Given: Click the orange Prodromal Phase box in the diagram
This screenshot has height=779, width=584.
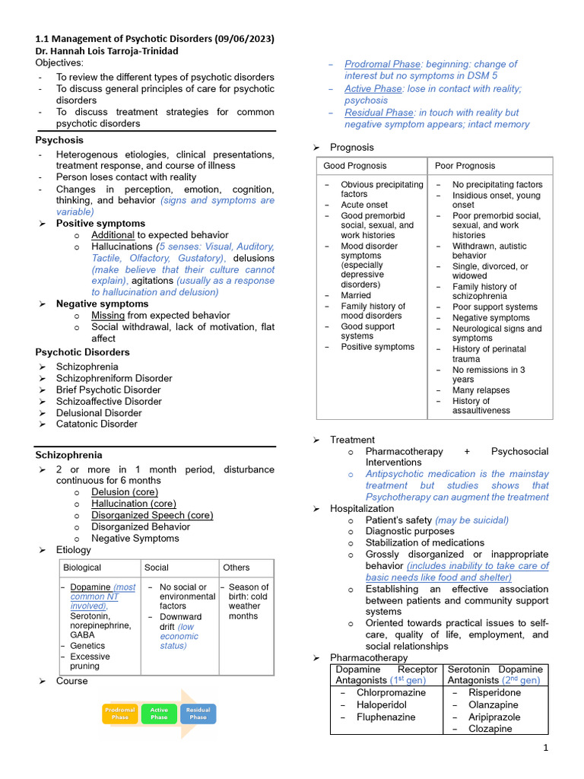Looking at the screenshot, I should (119, 714).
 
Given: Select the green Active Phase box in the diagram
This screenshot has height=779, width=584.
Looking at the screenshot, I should (159, 714).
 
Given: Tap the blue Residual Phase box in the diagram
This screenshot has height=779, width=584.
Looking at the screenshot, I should (198, 714).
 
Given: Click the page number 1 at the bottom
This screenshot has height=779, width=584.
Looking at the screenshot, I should (545, 749).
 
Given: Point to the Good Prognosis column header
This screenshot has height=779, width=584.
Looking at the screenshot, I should (354, 166).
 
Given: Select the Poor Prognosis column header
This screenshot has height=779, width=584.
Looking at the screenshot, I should (465, 166).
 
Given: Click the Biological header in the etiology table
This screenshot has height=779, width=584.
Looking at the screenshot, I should (82, 568).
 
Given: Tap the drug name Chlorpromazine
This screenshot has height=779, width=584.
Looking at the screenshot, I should (391, 693).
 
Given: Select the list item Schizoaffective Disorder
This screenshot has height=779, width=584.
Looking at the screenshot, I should (109, 402).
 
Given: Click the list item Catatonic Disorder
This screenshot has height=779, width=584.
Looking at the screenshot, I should (97, 424).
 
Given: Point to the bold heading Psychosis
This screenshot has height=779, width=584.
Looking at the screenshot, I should (59, 141).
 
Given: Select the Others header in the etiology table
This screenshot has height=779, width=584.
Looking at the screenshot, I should (236, 568).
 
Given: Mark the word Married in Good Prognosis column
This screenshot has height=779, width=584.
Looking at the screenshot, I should (356, 295).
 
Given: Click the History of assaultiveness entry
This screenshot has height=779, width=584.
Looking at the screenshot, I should (481, 405).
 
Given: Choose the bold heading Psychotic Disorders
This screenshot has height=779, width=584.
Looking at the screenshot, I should (82, 353).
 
